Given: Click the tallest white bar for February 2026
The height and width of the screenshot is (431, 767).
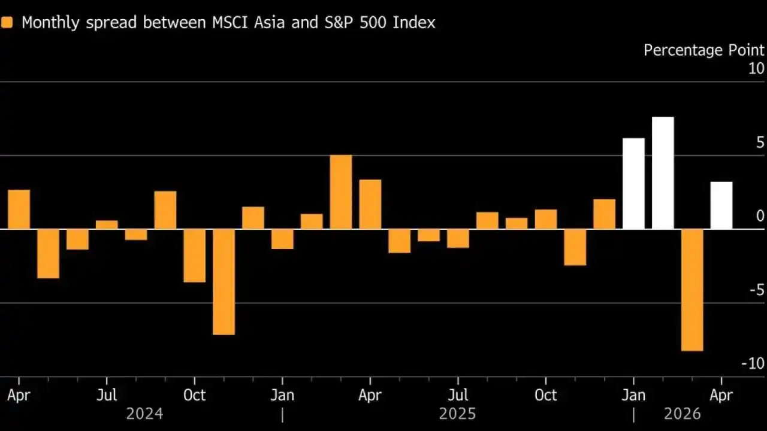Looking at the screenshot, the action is point(663,173).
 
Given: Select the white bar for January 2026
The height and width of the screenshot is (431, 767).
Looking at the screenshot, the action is point(633,184).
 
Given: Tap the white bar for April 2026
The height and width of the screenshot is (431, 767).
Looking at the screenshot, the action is point(721,205).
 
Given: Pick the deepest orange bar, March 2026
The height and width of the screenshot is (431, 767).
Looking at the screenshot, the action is point(692,290).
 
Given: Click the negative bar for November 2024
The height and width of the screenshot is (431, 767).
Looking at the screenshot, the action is point(224,282).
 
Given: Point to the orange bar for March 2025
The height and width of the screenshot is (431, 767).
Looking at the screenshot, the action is point(341,192).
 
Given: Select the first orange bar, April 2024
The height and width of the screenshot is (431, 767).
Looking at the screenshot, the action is point(19,210).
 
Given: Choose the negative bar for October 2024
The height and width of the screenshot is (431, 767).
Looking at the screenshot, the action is point(195,256).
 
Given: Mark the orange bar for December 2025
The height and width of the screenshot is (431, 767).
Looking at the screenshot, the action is point(605,214).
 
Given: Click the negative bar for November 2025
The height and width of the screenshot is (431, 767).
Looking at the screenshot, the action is point(575,247).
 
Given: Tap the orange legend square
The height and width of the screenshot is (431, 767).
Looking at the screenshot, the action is point(7,23).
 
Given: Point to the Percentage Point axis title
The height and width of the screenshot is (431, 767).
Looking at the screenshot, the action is point(704,50).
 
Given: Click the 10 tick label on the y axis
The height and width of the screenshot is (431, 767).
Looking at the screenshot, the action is point(756,69).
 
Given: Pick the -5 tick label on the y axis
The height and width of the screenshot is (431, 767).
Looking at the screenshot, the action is point(757,290).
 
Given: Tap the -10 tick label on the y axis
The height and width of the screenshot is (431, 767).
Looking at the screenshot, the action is point(753,363).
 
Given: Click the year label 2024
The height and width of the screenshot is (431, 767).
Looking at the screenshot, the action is point(144,414).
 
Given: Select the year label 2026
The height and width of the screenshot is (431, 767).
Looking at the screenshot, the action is point(683,414).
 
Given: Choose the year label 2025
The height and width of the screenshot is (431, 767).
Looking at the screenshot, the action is point(457,414).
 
